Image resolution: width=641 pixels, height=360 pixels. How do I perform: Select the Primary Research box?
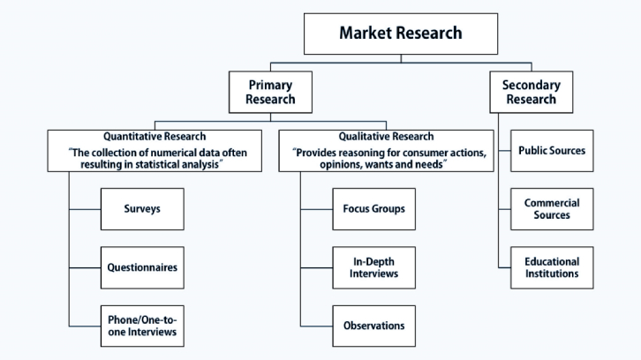click(x=271, y=91)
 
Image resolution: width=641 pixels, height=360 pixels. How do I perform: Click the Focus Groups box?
click(x=373, y=209)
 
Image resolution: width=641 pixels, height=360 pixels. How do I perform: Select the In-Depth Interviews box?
click(x=373, y=267)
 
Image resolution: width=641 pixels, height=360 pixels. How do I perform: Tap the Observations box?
click(x=373, y=326)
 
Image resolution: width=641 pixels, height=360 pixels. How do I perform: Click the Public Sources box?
click(x=551, y=151)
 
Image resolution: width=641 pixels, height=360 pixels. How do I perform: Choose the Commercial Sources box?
click(x=551, y=209)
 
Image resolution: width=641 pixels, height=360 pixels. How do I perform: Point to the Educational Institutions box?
click(x=551, y=267)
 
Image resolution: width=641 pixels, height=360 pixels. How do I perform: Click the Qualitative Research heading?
click(x=386, y=137)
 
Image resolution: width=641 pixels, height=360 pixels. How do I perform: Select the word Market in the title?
click(x=363, y=34)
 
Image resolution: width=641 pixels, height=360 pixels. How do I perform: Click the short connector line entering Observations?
click(x=316, y=326)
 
